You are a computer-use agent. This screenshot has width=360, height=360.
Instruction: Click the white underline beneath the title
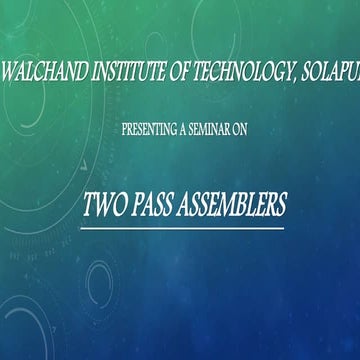(184, 228)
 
